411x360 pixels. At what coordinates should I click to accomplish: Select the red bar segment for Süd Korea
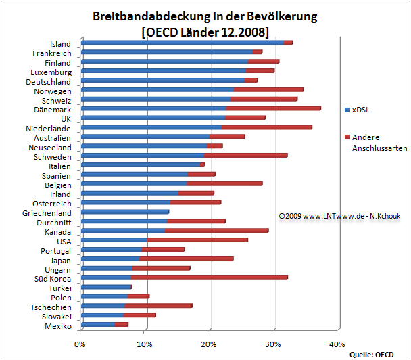(x=210, y=277)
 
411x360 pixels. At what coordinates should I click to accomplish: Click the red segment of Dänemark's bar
(x=274, y=108)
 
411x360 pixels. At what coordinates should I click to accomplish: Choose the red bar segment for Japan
(x=187, y=258)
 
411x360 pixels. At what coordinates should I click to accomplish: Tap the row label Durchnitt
(x=52, y=221)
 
